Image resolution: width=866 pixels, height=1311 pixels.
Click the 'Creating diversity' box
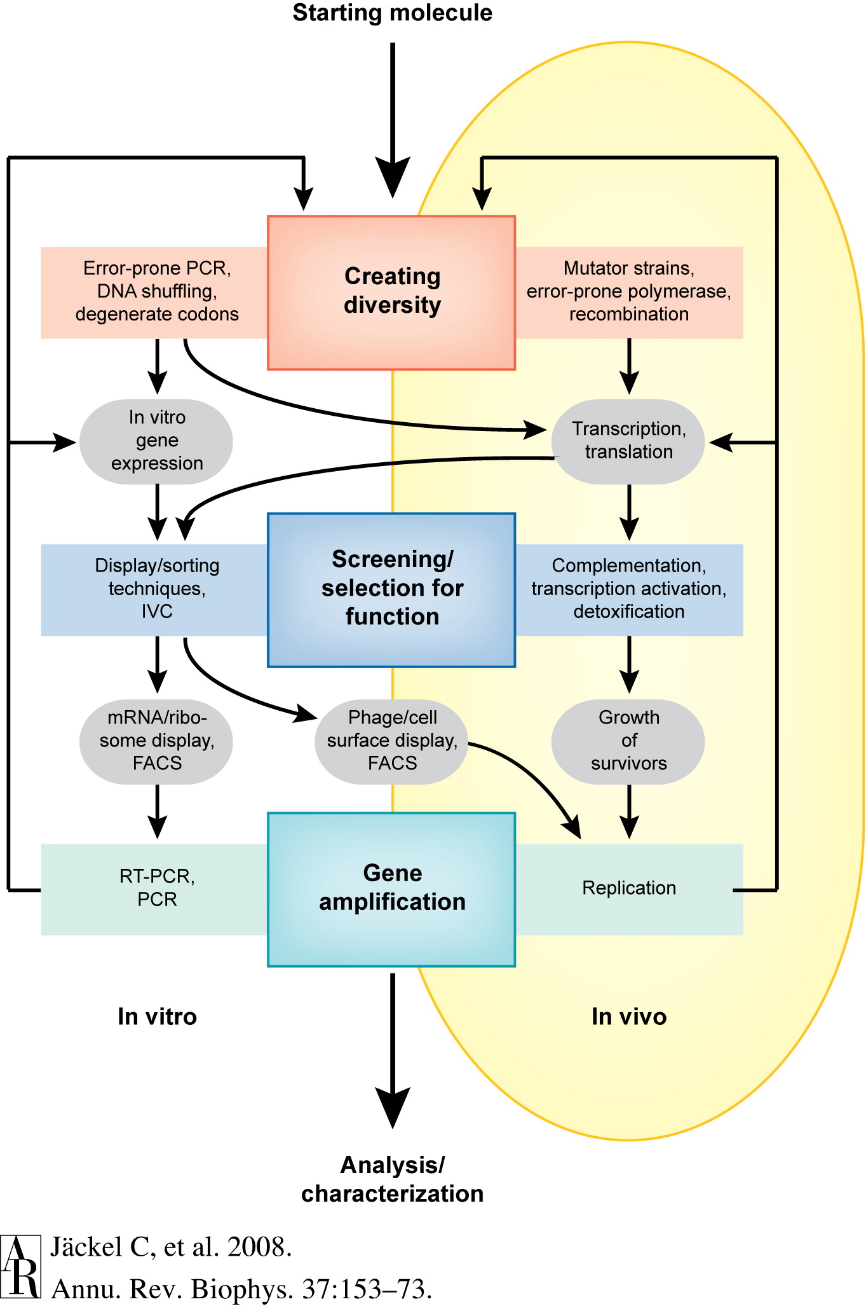(x=391, y=292)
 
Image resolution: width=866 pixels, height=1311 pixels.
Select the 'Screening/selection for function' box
(x=391, y=589)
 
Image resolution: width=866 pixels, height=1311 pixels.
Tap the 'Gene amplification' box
(x=391, y=889)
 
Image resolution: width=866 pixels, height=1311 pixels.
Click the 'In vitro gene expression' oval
(x=156, y=441)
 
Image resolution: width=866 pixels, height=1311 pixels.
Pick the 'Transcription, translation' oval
(x=628, y=441)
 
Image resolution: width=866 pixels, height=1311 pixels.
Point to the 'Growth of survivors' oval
(x=628, y=741)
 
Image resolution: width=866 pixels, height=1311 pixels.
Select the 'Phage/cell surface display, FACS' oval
(x=392, y=741)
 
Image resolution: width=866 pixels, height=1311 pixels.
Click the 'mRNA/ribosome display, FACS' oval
(x=156, y=741)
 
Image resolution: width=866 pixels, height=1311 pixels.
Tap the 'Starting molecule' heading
(x=393, y=13)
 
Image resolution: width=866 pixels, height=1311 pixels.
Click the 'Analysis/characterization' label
(x=393, y=1179)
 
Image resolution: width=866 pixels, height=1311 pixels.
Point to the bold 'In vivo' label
(x=629, y=1017)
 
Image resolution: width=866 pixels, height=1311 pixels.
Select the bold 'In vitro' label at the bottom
(x=158, y=1017)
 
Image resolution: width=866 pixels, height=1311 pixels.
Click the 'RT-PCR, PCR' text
(x=157, y=888)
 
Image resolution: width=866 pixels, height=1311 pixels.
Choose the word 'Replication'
(x=629, y=888)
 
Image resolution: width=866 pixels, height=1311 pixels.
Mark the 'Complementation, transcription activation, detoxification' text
(x=629, y=589)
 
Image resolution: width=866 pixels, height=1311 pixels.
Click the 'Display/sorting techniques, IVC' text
(x=157, y=589)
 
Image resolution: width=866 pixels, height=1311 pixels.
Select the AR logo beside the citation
(x=20, y=1266)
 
